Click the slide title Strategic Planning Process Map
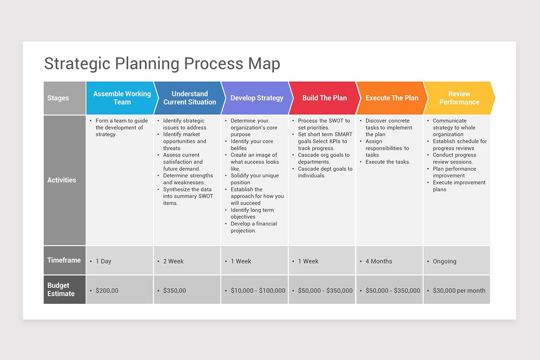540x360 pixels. click(162, 63)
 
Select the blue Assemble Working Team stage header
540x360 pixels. click(121, 98)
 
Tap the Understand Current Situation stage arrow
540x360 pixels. click(189, 98)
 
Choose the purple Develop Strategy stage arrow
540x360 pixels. click(256, 98)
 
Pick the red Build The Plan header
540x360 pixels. click(324, 98)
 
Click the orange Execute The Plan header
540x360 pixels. click(391, 98)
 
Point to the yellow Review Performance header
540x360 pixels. click(459, 98)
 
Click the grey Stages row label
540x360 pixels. click(64, 98)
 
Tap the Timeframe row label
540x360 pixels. click(64, 260)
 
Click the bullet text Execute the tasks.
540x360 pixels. click(387, 162)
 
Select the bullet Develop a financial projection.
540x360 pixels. click(253, 227)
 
